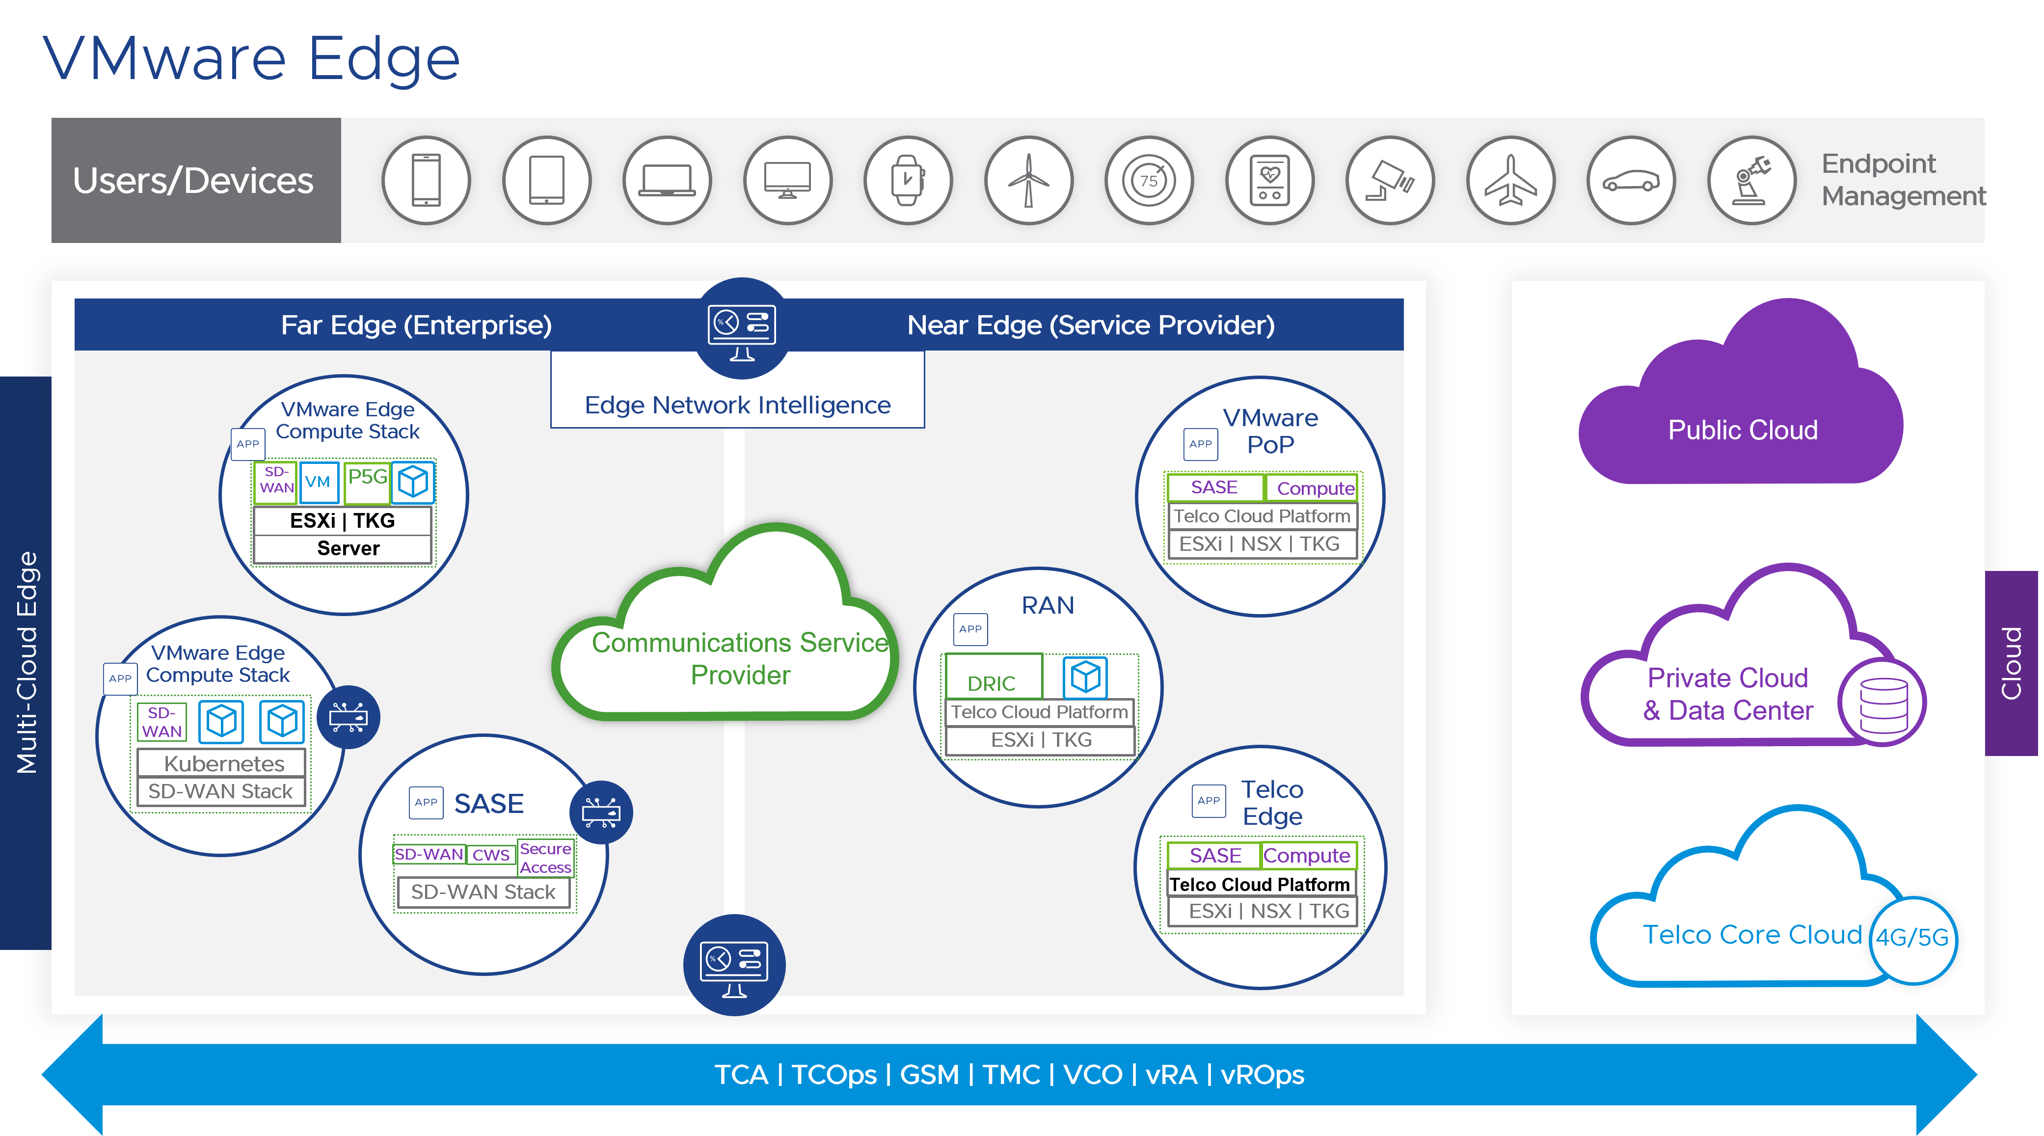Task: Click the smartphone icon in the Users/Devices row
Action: click(x=426, y=181)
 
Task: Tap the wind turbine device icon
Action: click(x=1028, y=181)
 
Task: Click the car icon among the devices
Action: click(x=1631, y=181)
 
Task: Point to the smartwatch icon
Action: click(x=908, y=181)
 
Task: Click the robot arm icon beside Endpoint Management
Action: click(x=1751, y=181)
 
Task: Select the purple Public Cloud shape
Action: click(x=1742, y=420)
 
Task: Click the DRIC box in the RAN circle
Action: click(x=992, y=678)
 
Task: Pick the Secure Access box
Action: click(x=545, y=858)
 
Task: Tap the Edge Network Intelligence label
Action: click(x=737, y=405)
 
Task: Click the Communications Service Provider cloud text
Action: click(x=740, y=658)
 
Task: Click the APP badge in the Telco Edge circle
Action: click(x=1209, y=800)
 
